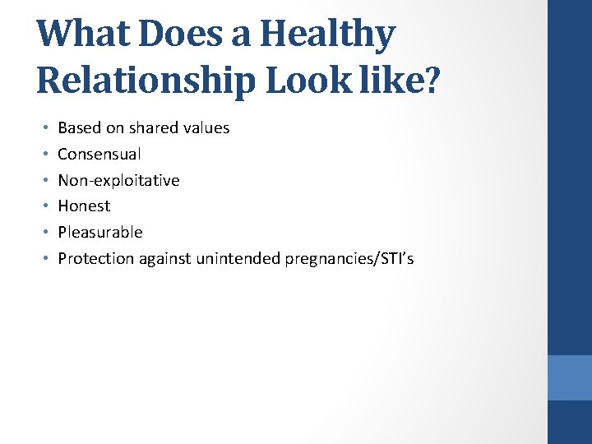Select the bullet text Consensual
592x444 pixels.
[99, 154]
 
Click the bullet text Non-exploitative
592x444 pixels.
[118, 180]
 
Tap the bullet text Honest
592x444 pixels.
[84, 206]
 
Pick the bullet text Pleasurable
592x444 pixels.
[100, 233]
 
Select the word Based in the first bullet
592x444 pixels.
[77, 127]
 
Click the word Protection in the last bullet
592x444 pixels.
[95, 259]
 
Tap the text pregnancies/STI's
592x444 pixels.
[349, 259]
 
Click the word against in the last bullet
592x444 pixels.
[164, 259]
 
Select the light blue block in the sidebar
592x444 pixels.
[570, 377]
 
